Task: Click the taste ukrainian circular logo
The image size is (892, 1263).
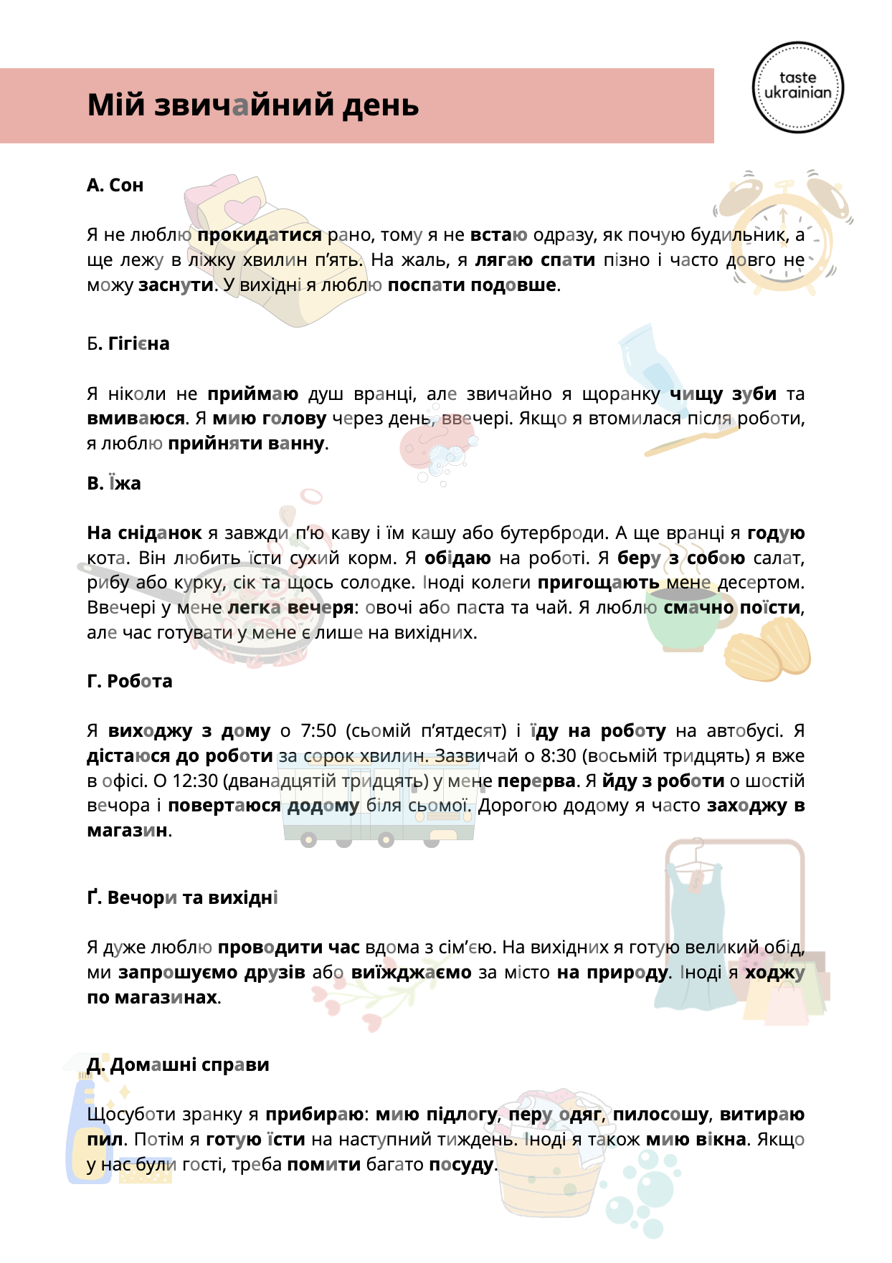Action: pyautogui.click(x=797, y=87)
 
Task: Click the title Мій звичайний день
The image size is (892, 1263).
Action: pyautogui.click(x=253, y=105)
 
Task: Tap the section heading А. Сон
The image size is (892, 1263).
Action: pyautogui.click(x=115, y=186)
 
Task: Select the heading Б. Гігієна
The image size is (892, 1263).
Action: pyautogui.click(x=128, y=344)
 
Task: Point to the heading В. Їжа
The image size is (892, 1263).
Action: pyautogui.click(x=114, y=484)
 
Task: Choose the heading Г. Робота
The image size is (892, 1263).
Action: pyautogui.click(x=130, y=681)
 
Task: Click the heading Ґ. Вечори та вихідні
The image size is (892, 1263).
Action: pyautogui.click(x=182, y=898)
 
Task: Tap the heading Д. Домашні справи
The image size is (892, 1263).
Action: pyautogui.click(x=178, y=1065)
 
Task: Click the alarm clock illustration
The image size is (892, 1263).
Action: pyautogui.click(x=782, y=229)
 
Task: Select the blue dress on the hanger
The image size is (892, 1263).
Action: pyautogui.click(x=695, y=932)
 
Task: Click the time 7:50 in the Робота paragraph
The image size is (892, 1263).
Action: pyautogui.click(x=318, y=731)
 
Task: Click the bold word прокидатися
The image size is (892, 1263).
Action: pyautogui.click(x=260, y=235)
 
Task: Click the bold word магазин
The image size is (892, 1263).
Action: pyautogui.click(x=127, y=831)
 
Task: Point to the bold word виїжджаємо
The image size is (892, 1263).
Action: pyautogui.click(x=412, y=973)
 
